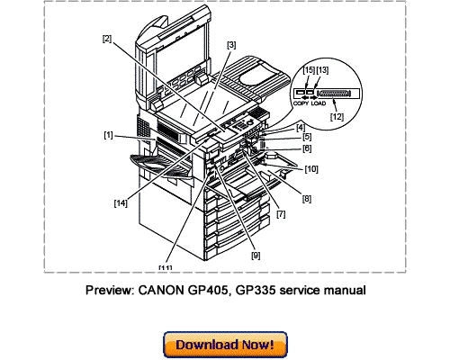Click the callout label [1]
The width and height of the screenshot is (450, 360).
tap(108, 136)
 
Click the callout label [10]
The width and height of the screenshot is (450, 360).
tap(310, 167)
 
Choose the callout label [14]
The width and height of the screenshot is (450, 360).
tap(120, 203)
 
